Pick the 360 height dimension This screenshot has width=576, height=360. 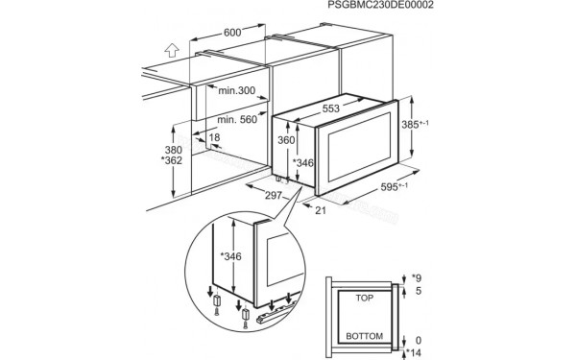[x=284, y=141]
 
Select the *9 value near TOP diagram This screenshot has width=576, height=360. [x=416, y=279]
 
